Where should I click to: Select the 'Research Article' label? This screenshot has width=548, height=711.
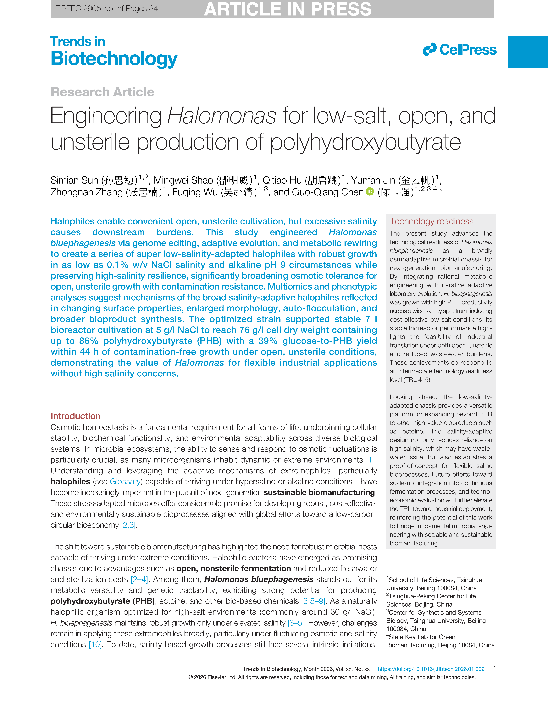click(102, 92)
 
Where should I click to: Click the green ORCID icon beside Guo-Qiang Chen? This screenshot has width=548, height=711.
click(370, 192)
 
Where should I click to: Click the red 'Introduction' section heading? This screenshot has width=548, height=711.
click(75, 416)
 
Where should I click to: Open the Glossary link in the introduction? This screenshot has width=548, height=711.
click(125, 481)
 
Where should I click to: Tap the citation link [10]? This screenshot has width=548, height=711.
click(95, 645)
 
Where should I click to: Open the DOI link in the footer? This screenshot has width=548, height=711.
click(431, 669)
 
